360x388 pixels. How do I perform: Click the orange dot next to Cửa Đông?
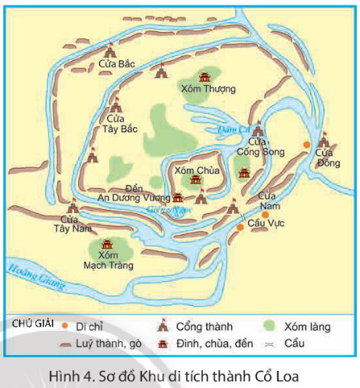point(307,145)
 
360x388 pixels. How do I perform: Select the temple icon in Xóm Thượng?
point(205,77)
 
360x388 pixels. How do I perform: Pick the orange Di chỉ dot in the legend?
point(64,323)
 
